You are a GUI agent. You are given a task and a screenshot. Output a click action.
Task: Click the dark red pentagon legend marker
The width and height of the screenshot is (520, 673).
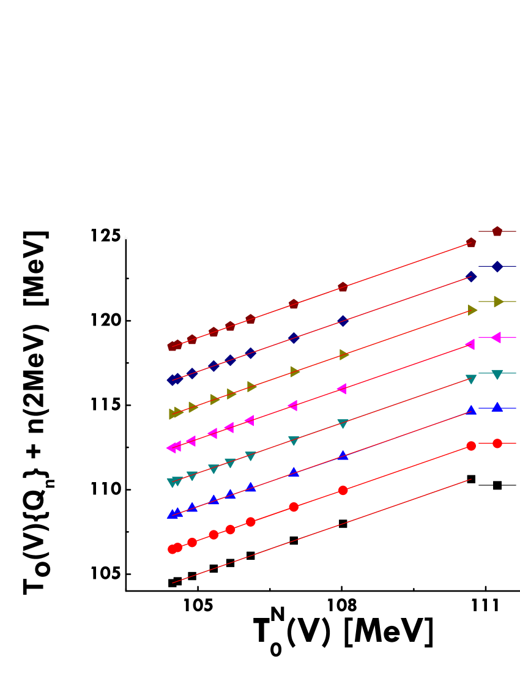[497, 231]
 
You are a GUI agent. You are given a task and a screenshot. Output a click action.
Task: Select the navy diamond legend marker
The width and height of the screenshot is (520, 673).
[497, 267]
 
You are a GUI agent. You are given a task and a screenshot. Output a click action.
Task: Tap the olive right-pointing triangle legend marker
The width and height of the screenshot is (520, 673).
[498, 302]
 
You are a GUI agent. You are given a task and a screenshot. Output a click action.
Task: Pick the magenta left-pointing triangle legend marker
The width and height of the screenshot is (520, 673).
[496, 337]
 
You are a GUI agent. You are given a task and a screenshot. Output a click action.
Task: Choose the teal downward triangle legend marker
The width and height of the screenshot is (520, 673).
[497, 374]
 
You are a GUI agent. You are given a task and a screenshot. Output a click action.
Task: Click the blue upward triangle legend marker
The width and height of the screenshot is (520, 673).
[497, 407]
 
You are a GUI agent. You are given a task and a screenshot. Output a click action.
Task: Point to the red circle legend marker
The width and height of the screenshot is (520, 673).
[497, 444]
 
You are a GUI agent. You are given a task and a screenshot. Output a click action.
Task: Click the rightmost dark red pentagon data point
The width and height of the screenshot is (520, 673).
[471, 243]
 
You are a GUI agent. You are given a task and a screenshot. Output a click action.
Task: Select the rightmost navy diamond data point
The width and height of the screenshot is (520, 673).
[471, 277]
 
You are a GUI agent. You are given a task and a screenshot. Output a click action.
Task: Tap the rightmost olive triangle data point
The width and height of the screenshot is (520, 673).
[472, 310]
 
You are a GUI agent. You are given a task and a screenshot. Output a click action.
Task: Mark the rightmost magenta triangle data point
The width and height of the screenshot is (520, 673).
[470, 344]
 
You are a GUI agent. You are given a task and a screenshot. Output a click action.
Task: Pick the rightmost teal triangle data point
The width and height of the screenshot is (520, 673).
[471, 379]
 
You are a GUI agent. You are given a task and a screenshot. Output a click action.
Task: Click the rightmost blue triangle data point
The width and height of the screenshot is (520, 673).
[471, 410]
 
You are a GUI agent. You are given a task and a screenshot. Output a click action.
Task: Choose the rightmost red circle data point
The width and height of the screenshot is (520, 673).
[471, 446]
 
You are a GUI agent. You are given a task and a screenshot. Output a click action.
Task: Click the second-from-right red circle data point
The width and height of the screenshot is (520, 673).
[343, 490]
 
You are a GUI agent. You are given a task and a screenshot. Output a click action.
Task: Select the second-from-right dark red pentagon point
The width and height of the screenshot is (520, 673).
[343, 287]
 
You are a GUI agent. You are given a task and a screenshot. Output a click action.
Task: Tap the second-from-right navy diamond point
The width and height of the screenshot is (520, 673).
[343, 321]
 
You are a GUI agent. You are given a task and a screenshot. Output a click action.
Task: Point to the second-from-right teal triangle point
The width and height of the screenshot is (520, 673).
[343, 423]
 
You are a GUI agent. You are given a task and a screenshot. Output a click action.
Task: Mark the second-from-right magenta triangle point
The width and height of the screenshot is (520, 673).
[341, 389]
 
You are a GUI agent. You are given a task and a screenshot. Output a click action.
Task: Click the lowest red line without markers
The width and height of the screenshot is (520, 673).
[321, 531]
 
